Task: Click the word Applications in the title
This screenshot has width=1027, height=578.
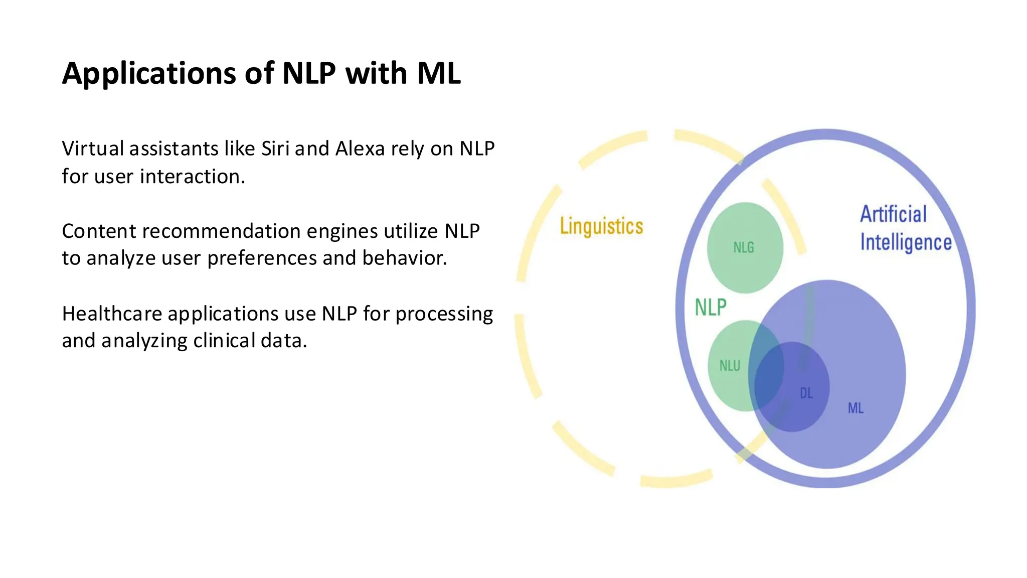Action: coord(149,74)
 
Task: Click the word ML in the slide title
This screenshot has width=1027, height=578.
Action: coord(438,73)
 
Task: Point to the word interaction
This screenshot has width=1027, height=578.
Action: coord(192,177)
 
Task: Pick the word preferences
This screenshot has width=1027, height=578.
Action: coord(262,258)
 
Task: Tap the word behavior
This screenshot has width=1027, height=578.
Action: coord(404,258)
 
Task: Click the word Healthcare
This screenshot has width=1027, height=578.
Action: coord(112,314)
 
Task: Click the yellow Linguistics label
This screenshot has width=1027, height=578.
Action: coord(601,226)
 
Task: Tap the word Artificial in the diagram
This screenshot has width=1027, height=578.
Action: coord(893,214)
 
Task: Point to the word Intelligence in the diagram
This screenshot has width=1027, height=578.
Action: coord(906,242)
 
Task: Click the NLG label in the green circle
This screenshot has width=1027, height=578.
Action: coord(743,247)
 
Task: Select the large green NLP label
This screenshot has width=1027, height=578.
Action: coord(710,307)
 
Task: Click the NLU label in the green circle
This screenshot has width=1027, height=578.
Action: coord(730,366)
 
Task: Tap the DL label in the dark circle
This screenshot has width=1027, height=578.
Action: coord(806,393)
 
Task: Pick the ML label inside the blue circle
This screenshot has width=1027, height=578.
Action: coord(855,408)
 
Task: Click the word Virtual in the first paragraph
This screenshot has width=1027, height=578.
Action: coord(93,149)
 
